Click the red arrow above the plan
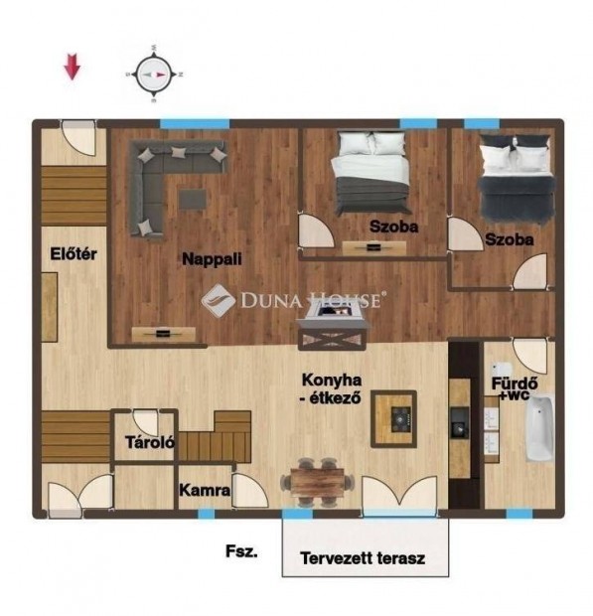[73, 67]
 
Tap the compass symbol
[154, 74]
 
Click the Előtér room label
[74, 253]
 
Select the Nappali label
[212, 259]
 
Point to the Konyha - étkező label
[332, 388]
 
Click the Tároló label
[150, 442]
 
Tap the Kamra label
[205, 490]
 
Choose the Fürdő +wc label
[515, 388]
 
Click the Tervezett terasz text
[363, 557]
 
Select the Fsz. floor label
[241, 551]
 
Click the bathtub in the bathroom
[539, 428]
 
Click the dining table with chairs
[317, 482]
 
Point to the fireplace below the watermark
[333, 326]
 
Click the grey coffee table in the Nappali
[193, 199]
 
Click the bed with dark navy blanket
[517, 178]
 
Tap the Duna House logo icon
[218, 300]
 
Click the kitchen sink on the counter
[459, 422]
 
